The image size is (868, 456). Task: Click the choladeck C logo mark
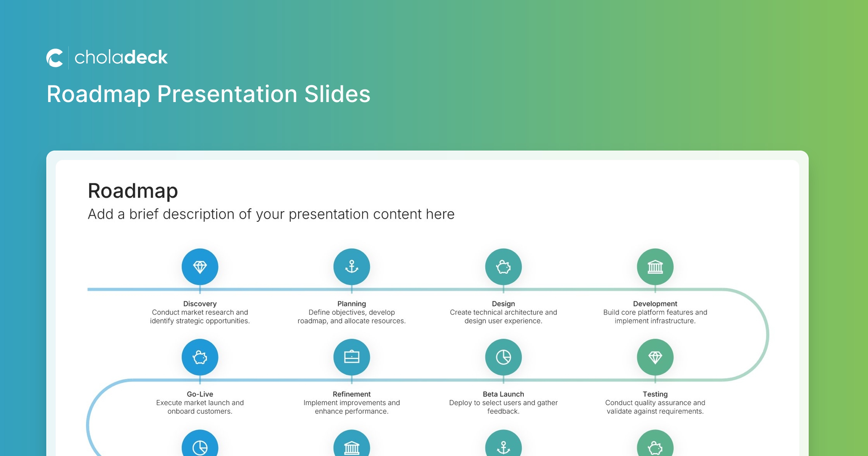pyautogui.click(x=55, y=58)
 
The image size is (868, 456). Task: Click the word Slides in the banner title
pyautogui.click(x=337, y=94)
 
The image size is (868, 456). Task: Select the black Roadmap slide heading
pyautogui.click(x=133, y=191)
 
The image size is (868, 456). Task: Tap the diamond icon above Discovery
pyautogui.click(x=200, y=267)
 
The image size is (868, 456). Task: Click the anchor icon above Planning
pyautogui.click(x=352, y=267)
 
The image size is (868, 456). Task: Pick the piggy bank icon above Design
pyautogui.click(x=503, y=267)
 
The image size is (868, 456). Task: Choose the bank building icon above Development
pyautogui.click(x=655, y=267)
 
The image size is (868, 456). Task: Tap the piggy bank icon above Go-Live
pyautogui.click(x=200, y=358)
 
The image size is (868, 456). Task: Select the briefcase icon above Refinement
pyautogui.click(x=352, y=357)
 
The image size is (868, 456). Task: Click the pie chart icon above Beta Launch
pyautogui.click(x=503, y=357)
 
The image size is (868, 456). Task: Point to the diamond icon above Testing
pyautogui.click(x=655, y=358)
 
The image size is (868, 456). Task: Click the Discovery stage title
pyautogui.click(x=200, y=304)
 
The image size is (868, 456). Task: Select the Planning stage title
pyautogui.click(x=352, y=304)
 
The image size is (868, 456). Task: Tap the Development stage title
pyautogui.click(x=655, y=304)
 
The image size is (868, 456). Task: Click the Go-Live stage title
pyautogui.click(x=200, y=394)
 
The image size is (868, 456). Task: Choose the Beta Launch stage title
pyautogui.click(x=503, y=394)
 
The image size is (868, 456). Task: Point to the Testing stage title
pyautogui.click(x=655, y=394)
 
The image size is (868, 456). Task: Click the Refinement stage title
pyautogui.click(x=352, y=394)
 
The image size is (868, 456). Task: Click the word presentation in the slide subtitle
pyautogui.click(x=329, y=215)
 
